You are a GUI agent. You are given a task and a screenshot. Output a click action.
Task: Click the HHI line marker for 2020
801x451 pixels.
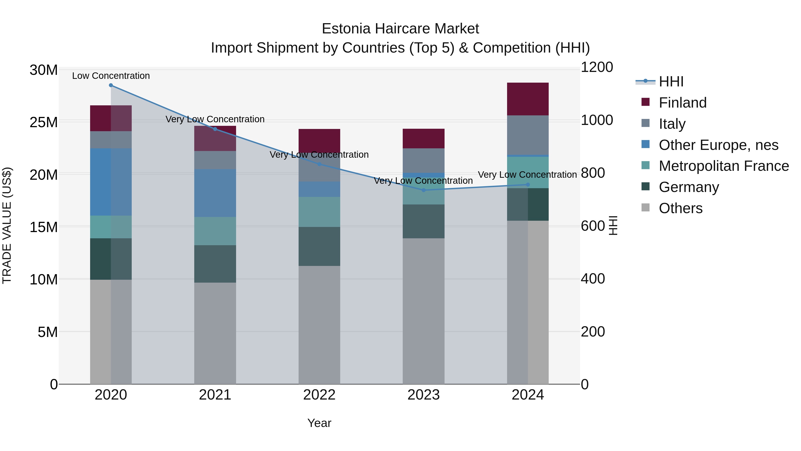(111, 85)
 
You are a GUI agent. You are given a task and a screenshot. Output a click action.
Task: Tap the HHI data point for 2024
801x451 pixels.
(528, 185)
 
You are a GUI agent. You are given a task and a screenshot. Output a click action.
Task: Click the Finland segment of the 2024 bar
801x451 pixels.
(528, 99)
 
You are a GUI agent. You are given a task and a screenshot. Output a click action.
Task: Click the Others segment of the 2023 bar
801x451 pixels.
(423, 311)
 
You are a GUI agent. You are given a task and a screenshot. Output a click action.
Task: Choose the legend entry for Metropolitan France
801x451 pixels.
(723, 166)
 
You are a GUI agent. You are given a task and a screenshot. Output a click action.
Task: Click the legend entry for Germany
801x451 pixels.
(688, 187)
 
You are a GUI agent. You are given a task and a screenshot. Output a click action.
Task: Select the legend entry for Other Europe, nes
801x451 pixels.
(718, 145)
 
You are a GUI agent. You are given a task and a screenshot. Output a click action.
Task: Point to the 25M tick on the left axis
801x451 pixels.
(44, 122)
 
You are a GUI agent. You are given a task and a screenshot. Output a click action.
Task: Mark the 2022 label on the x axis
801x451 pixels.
(319, 395)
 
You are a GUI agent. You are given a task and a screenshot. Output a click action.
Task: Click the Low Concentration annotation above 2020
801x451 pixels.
(111, 76)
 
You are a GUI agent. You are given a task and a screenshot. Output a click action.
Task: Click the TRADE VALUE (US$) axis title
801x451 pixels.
(7, 225)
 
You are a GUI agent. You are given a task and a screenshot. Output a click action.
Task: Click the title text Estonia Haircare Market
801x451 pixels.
(400, 29)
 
